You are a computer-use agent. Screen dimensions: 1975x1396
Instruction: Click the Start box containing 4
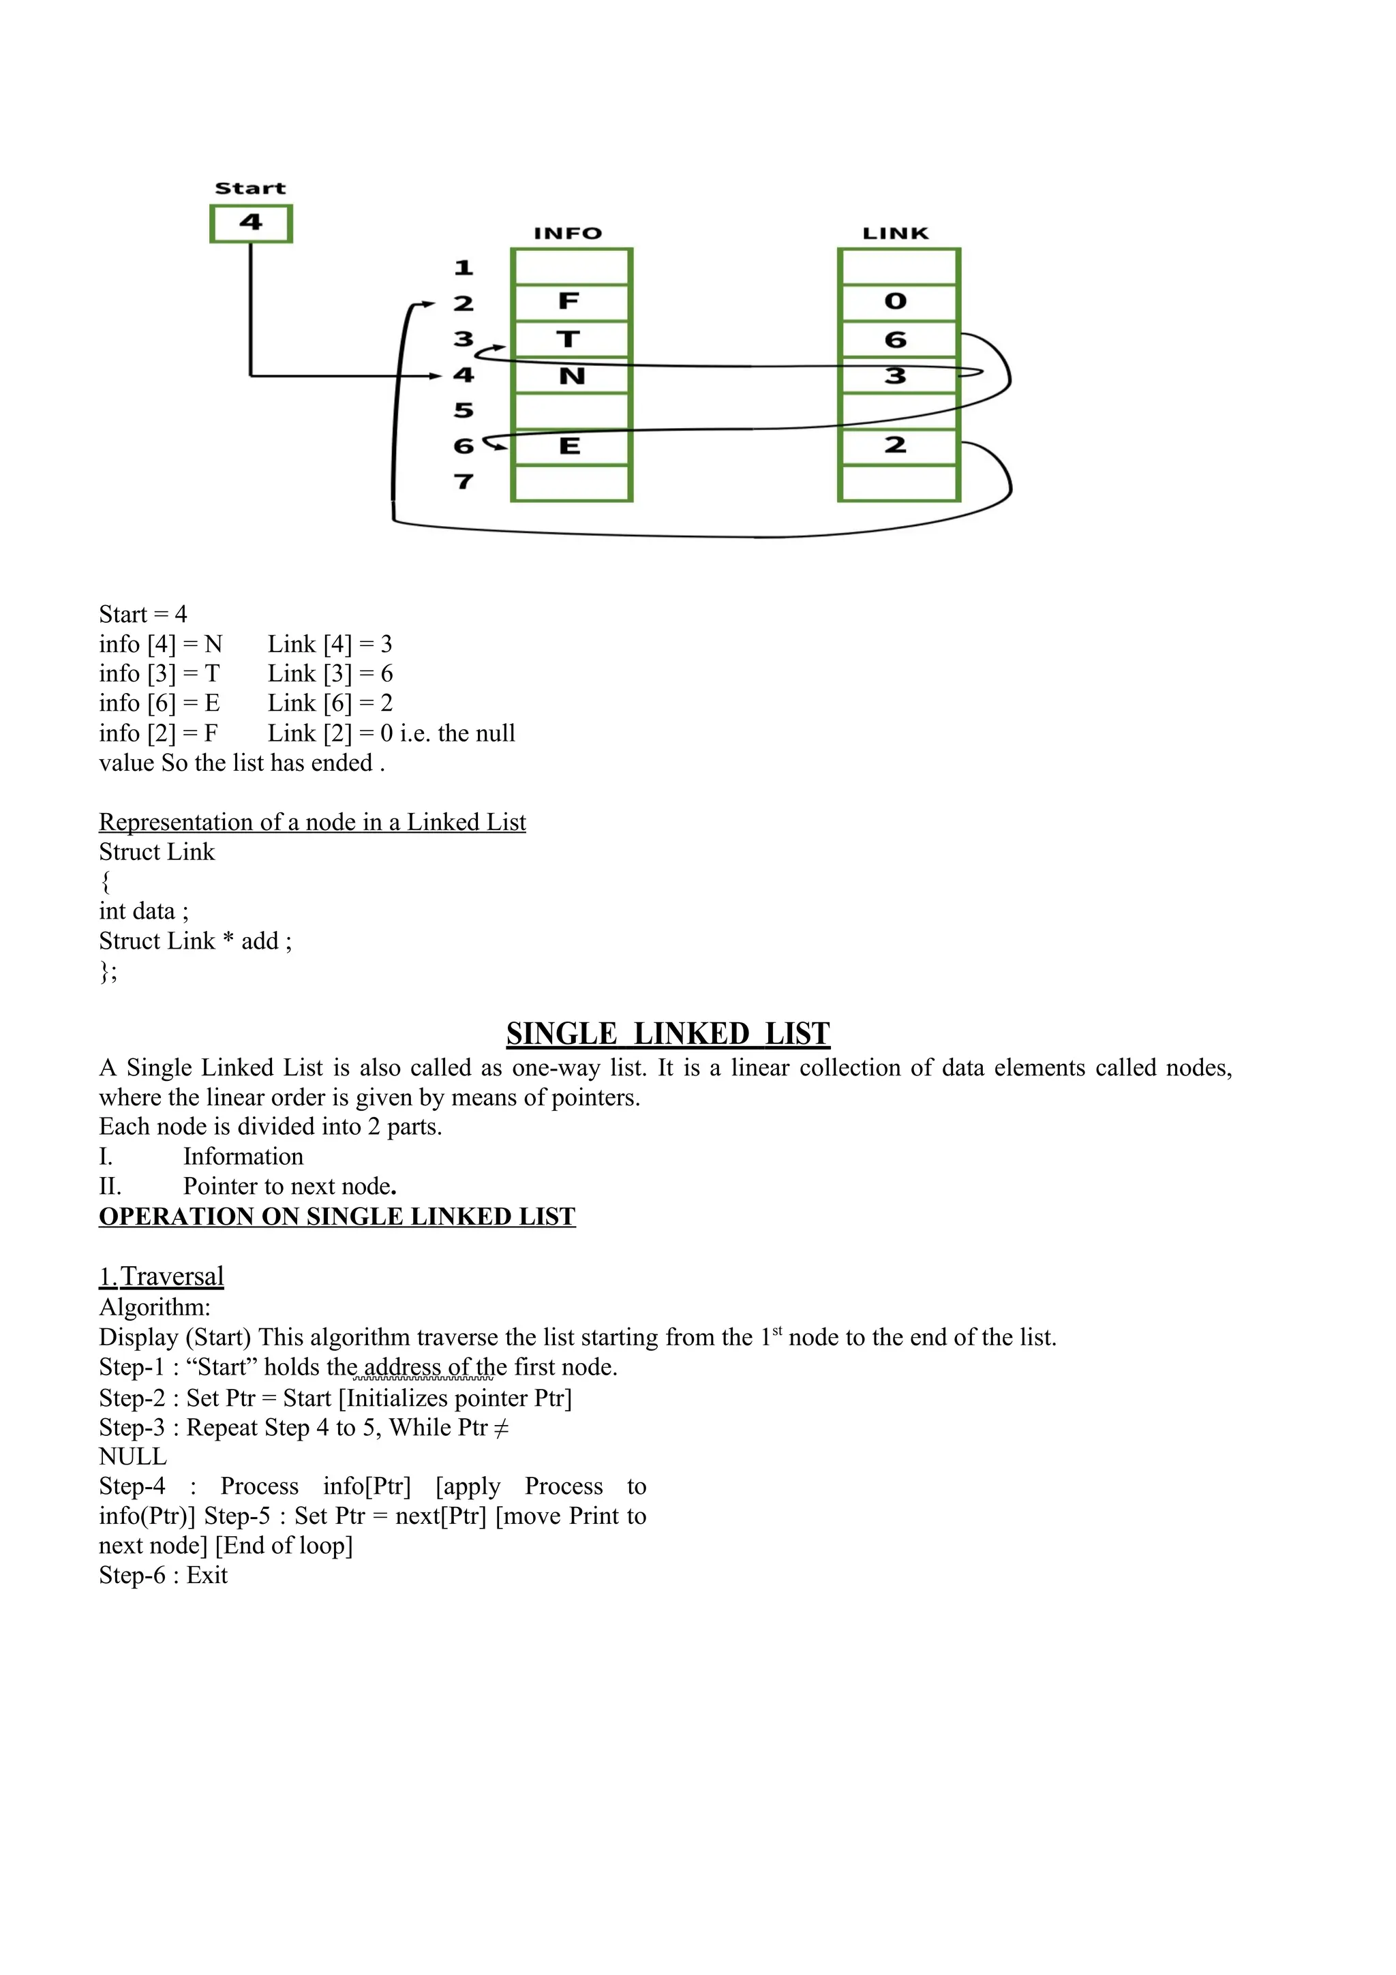(251, 224)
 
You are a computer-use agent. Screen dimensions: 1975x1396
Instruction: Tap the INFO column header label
(568, 233)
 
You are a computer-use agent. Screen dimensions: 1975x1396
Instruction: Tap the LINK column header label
(896, 233)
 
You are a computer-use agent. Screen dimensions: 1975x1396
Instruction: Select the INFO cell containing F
(571, 302)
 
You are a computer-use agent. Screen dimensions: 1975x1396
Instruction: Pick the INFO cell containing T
(571, 339)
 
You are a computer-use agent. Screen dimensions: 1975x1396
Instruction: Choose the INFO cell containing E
(571, 446)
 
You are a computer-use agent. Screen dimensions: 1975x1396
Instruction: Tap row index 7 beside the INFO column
(464, 482)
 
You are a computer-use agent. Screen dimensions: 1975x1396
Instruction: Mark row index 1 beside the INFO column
(464, 269)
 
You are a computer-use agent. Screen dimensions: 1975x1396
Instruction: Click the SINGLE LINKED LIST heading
(667, 1033)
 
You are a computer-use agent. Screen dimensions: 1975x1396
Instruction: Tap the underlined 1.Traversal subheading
(162, 1276)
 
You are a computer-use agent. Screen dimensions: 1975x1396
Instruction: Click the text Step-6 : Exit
(164, 1575)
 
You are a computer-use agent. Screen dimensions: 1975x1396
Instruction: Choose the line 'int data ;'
(144, 911)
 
